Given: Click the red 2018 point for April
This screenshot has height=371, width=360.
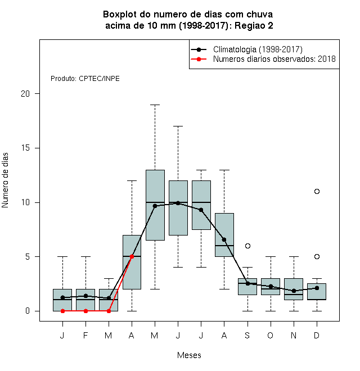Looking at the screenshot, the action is (x=132, y=256).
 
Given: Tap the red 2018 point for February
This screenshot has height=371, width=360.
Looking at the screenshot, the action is (x=85, y=311).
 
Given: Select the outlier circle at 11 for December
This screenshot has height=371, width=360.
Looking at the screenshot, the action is (x=317, y=191).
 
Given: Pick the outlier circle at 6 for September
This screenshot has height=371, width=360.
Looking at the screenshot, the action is (x=247, y=246).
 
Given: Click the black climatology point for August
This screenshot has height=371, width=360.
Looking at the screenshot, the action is (x=224, y=239).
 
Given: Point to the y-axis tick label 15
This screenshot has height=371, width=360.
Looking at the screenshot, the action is (x=25, y=148).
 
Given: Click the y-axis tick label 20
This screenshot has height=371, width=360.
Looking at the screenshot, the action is (x=25, y=94).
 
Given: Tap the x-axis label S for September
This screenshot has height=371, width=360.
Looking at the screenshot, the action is (x=247, y=335).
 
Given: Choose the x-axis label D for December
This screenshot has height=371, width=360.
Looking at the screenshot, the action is (x=317, y=335).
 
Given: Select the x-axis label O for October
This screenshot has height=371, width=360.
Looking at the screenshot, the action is (x=270, y=335).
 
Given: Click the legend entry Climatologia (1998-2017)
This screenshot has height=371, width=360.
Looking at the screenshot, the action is (x=258, y=49).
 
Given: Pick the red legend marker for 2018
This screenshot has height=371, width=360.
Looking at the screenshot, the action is (x=199, y=59).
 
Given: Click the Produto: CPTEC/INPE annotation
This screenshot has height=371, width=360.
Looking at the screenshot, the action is (x=85, y=78).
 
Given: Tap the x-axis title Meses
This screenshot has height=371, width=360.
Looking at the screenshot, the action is (x=189, y=355).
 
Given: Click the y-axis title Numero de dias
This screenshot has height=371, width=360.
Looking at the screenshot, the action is (x=5, y=180).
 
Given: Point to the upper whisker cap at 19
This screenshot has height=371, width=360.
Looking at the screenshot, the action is (x=155, y=105).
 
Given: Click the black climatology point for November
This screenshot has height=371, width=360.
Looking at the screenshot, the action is (x=294, y=291).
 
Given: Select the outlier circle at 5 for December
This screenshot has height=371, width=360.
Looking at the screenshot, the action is (x=317, y=256).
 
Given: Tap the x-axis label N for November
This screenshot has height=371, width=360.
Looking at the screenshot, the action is (x=294, y=335).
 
